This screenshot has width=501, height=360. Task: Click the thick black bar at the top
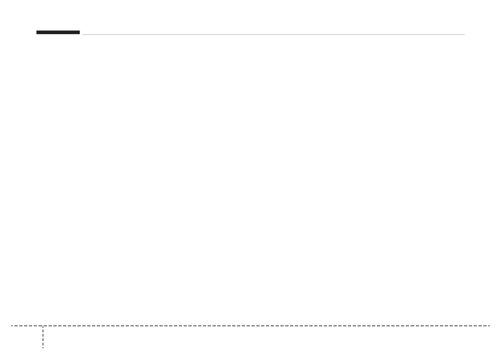58,33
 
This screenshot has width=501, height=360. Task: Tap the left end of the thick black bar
37,33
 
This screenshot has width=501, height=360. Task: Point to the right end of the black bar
80,33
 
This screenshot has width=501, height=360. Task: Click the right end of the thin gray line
464,35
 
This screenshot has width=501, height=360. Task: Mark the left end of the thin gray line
82,35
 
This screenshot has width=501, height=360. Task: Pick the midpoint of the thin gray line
273,35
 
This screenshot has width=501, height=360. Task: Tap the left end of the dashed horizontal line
12,326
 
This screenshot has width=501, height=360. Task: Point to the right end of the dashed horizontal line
489,326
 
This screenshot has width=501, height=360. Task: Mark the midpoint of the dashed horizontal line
251,326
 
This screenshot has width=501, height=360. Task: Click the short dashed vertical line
43,337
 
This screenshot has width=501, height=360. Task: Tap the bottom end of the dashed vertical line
43,348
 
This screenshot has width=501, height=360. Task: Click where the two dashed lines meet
43,326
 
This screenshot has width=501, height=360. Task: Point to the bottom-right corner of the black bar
80,34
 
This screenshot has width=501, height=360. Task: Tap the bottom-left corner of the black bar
37,34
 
